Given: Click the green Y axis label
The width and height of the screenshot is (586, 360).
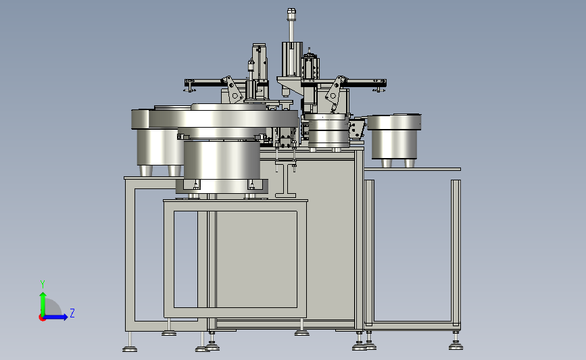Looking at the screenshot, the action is (x=43, y=284).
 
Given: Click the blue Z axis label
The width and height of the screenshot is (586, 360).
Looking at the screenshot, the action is (x=72, y=313).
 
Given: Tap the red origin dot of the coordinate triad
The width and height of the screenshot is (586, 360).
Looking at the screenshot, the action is (x=42, y=317).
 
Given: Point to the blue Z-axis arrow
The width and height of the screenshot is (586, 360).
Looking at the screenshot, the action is (x=55, y=317).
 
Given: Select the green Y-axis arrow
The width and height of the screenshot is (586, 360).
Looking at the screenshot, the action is (x=43, y=304).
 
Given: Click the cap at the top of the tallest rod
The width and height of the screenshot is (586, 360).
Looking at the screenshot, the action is (x=291, y=15).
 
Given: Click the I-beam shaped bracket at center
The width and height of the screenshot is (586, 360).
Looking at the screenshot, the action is (x=285, y=179).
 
